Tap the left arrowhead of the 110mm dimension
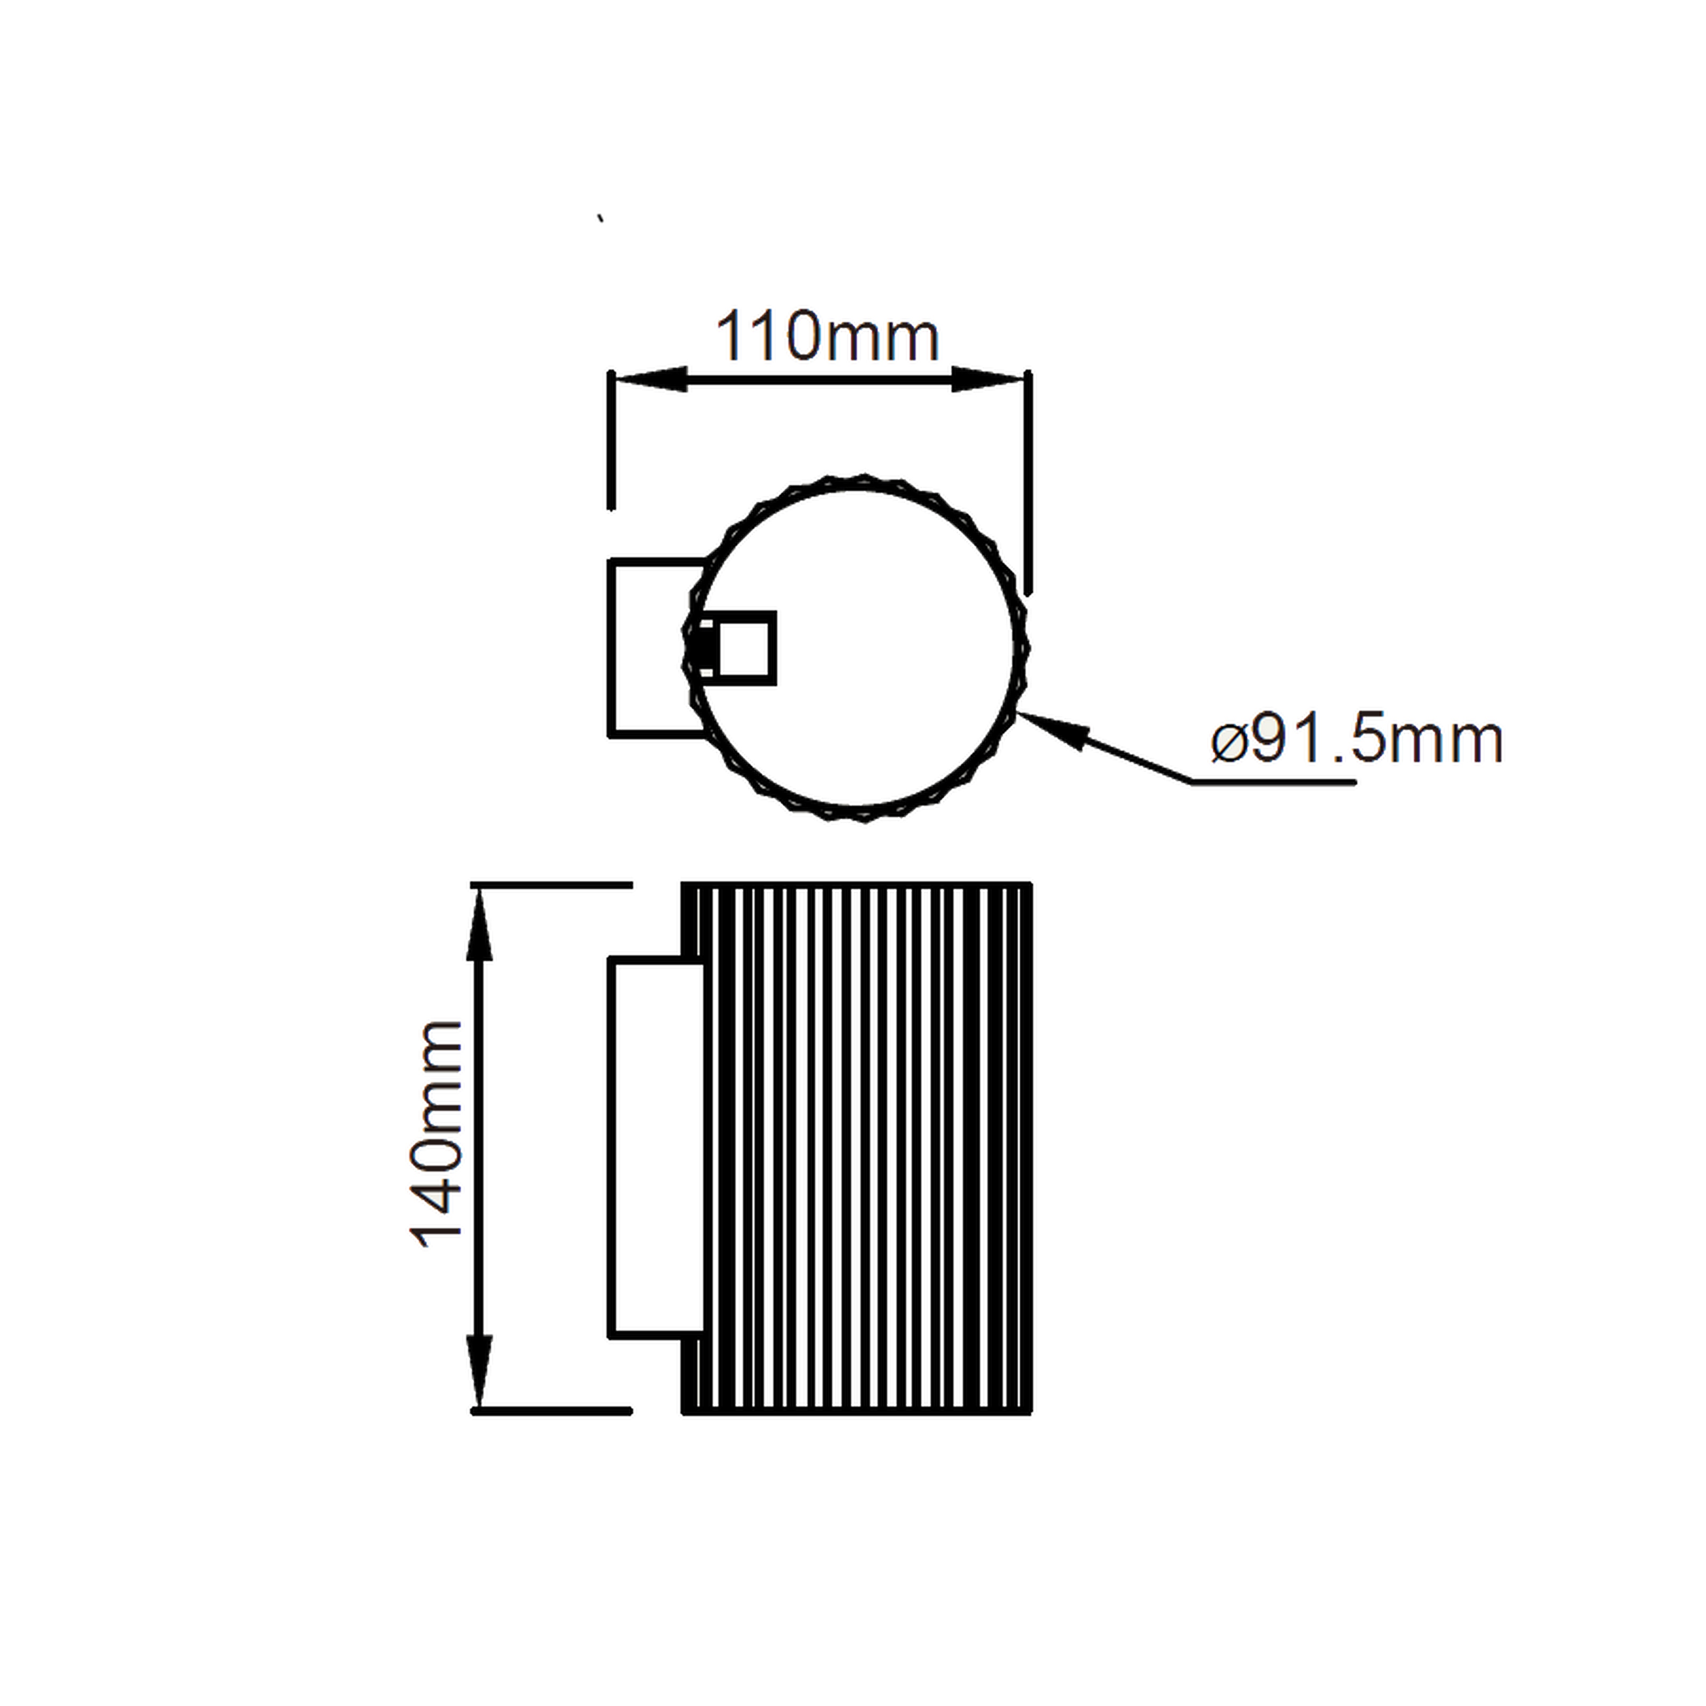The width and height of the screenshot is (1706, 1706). pyautogui.click(x=649, y=380)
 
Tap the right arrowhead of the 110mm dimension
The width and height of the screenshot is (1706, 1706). pyautogui.click(x=989, y=380)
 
